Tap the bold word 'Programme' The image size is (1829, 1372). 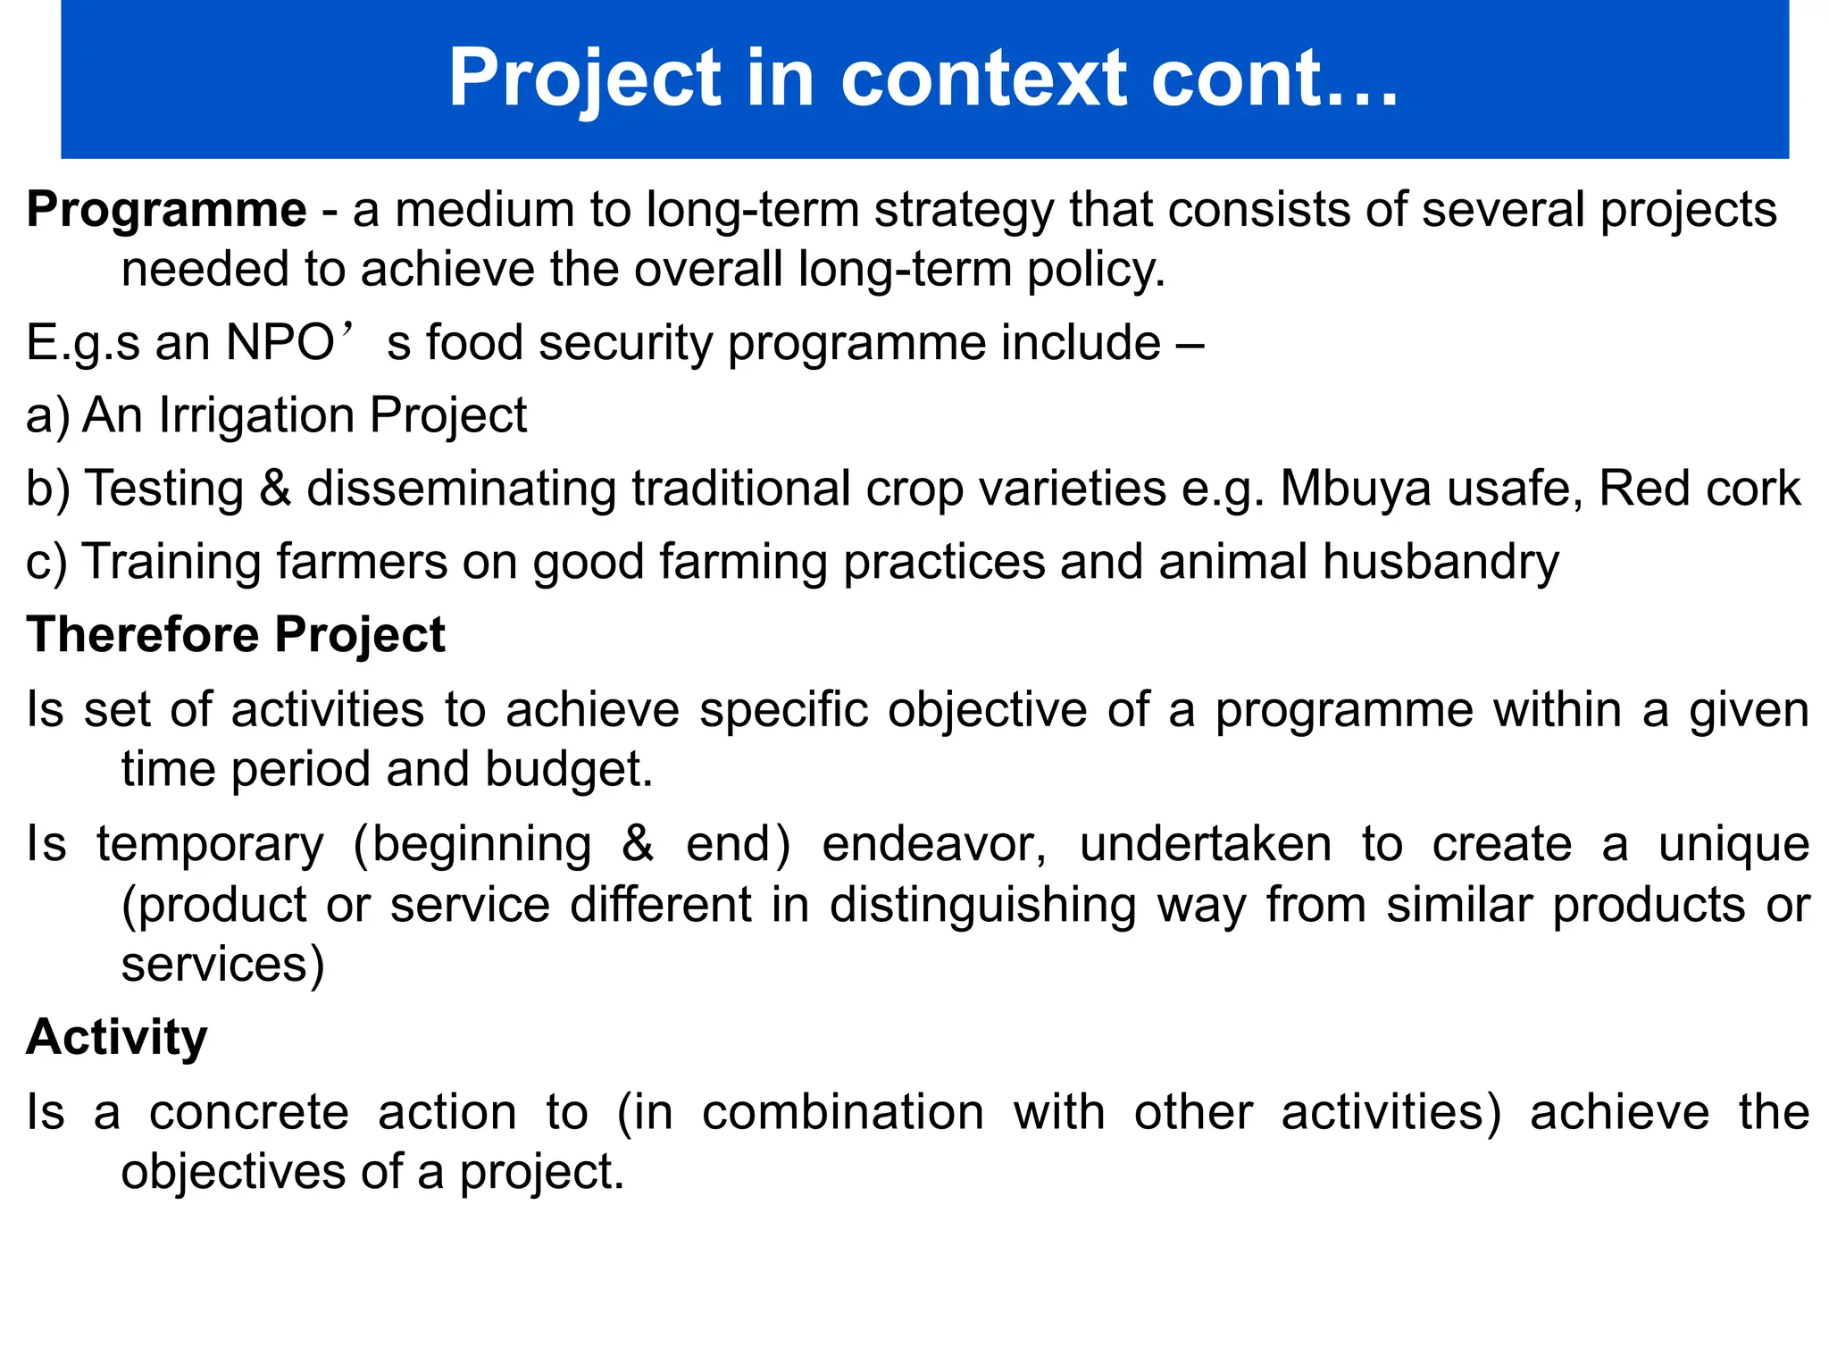click(x=167, y=210)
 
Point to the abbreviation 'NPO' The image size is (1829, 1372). click(x=280, y=342)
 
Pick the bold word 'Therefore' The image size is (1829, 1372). click(x=143, y=635)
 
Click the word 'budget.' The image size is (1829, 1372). click(x=569, y=769)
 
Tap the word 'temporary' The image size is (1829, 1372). click(x=210, y=844)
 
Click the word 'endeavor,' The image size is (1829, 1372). click(x=934, y=844)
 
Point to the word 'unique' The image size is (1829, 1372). click(x=1733, y=844)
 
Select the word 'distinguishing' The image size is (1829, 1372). click(x=982, y=905)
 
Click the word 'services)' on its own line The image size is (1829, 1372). click(x=223, y=965)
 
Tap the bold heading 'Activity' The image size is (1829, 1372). click(x=117, y=1037)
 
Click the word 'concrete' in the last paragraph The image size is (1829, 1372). click(x=248, y=1112)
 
